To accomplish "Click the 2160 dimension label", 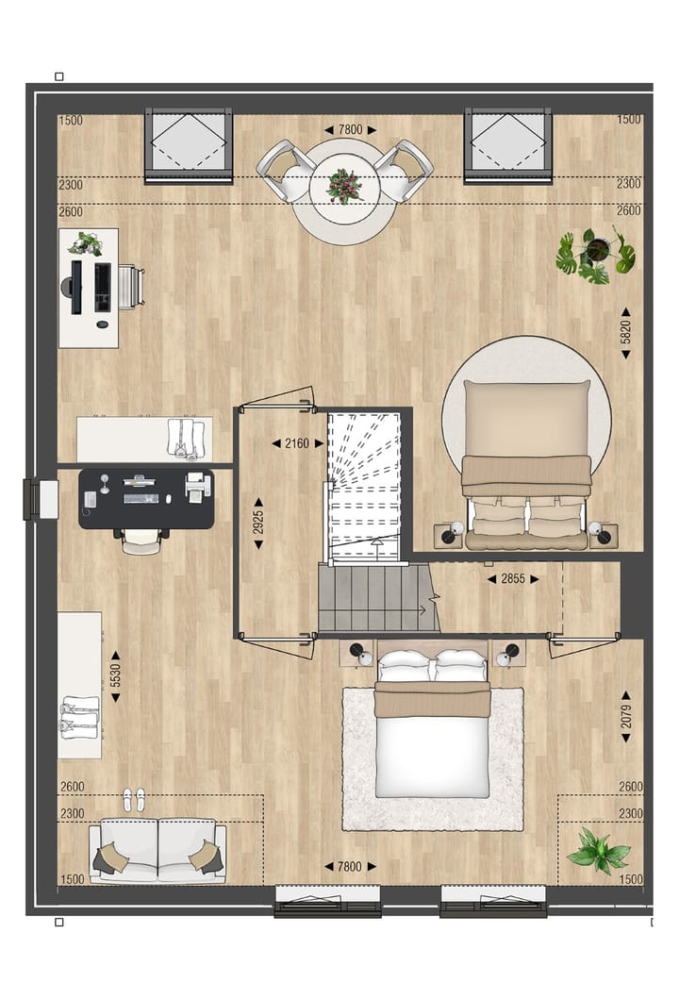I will [290, 441].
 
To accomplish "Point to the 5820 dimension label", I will [624, 332].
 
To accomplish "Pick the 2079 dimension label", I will [625, 717].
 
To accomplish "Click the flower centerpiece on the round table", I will [344, 186].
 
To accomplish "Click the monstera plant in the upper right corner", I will [595, 255].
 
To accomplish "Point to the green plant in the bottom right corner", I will [597, 850].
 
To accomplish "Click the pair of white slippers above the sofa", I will [134, 800].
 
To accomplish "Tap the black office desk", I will [146, 498].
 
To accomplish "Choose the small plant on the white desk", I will [87, 244].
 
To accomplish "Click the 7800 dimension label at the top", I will [350, 129].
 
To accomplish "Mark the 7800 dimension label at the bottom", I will [350, 866].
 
